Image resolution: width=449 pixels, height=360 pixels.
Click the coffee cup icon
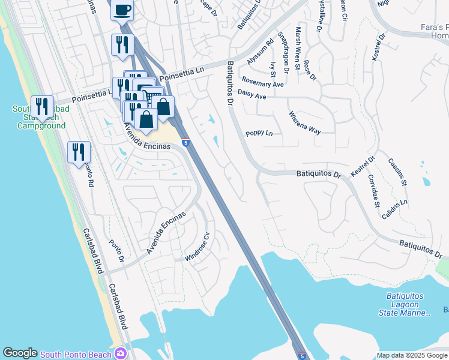pos(122,10)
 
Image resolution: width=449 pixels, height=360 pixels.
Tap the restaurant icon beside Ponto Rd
pos(79,152)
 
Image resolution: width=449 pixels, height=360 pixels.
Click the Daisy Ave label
pos(252,95)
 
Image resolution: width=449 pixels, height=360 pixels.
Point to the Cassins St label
pos(397,172)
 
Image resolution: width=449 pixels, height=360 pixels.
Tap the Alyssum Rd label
pos(260,53)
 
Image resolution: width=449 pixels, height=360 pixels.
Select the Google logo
pos(20,353)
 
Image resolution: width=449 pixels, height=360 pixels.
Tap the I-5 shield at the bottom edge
pos(301,355)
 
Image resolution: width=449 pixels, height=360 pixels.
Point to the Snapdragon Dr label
pos(283,53)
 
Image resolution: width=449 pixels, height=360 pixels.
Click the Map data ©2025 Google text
pos(412,355)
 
